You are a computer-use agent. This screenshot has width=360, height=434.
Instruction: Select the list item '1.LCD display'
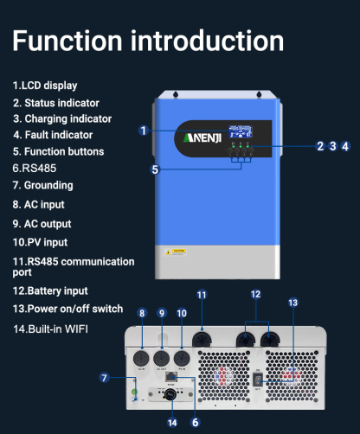click(x=45, y=86)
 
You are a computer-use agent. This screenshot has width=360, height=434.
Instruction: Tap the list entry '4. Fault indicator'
click(x=53, y=135)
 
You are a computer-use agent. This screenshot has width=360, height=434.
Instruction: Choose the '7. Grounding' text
click(x=42, y=185)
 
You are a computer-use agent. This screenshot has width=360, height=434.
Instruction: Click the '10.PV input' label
click(x=40, y=242)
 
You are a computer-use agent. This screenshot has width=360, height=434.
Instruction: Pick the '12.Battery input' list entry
click(x=50, y=290)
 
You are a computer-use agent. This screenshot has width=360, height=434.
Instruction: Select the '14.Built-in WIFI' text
click(x=50, y=329)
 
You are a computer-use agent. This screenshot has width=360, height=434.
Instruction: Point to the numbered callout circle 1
click(x=145, y=131)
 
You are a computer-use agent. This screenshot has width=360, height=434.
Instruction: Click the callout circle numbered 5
click(x=156, y=169)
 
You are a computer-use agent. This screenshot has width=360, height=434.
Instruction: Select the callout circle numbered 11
click(x=202, y=295)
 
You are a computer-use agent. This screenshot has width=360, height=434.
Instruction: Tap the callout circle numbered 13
click(x=292, y=303)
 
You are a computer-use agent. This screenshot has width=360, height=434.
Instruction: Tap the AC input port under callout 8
click(x=141, y=357)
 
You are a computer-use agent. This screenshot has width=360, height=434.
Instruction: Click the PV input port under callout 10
click(x=181, y=357)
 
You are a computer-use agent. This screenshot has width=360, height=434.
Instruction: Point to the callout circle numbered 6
click(x=196, y=422)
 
